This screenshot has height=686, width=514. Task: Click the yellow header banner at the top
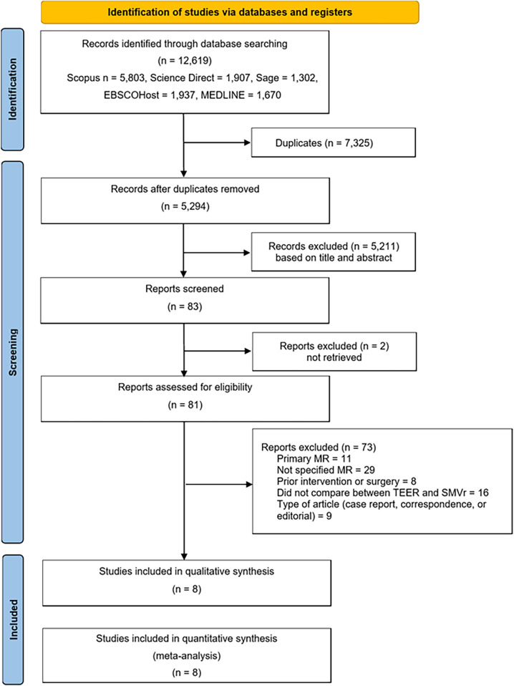tap(230, 12)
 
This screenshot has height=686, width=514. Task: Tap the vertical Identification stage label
tap(13, 90)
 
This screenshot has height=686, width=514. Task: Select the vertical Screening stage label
tap(13, 352)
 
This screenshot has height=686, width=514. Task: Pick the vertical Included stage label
tap(14, 619)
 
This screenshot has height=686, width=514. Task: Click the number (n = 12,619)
tap(185, 60)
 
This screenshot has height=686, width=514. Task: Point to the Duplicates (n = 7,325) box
tap(334, 142)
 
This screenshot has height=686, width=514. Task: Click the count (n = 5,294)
tap(185, 206)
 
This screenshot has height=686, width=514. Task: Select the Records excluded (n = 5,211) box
tap(334, 251)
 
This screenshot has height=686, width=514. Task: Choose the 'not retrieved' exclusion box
tap(334, 352)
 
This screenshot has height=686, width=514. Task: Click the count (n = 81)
tap(185, 405)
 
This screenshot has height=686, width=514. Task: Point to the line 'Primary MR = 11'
tap(314, 458)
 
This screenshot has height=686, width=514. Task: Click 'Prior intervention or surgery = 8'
tap(346, 481)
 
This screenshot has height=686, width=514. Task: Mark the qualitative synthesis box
tap(187, 583)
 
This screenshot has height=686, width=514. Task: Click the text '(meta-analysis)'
tap(187, 655)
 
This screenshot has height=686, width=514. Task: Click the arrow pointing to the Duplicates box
tap(217, 142)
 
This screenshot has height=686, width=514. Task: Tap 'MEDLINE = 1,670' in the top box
tap(241, 95)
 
